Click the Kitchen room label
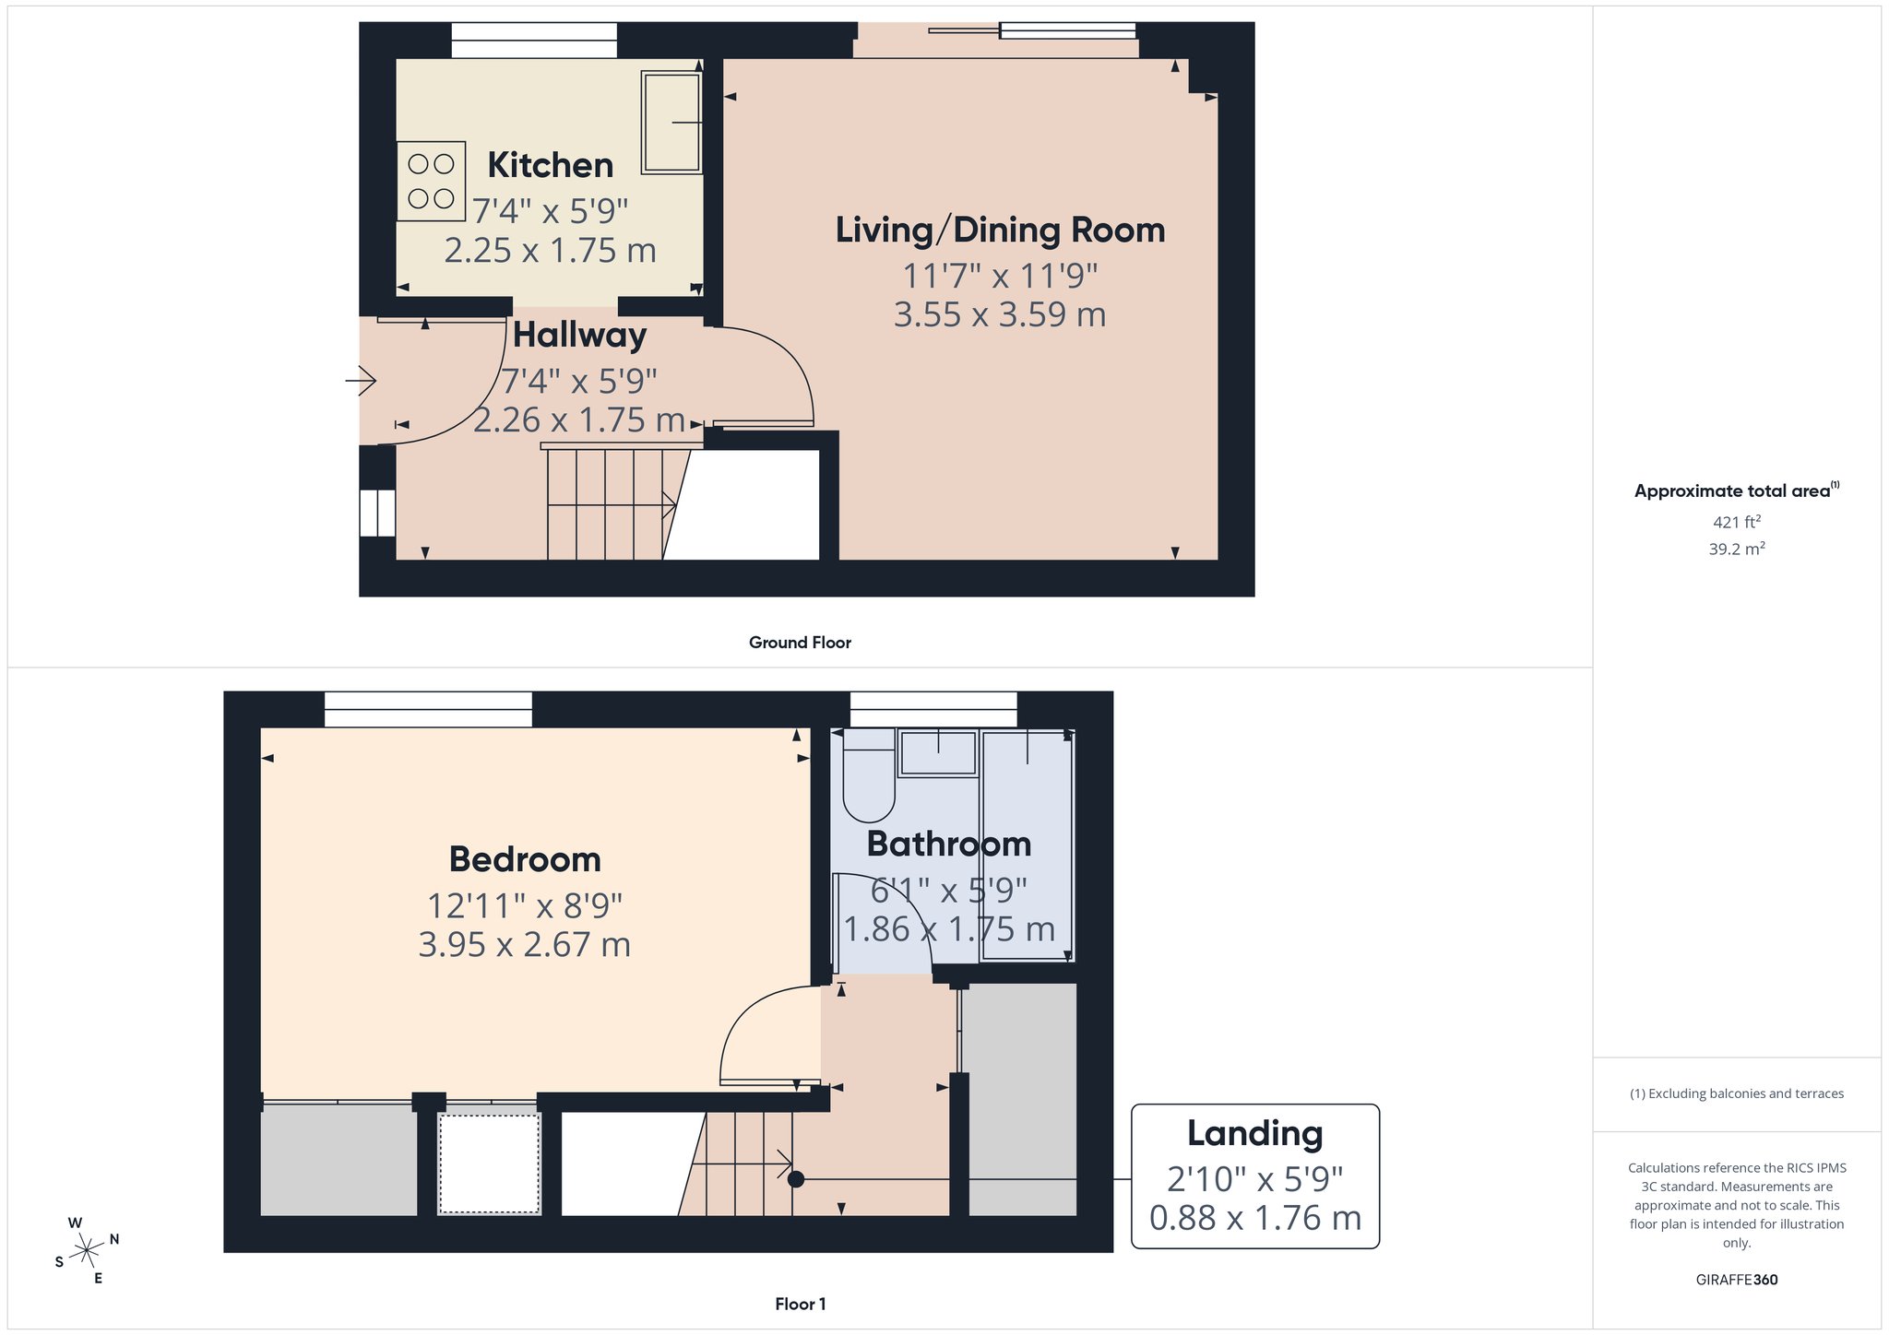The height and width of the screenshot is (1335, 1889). (x=551, y=165)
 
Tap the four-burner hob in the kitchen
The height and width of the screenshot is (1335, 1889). (x=431, y=181)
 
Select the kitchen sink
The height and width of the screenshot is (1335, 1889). (x=671, y=123)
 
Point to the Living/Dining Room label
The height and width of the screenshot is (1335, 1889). (x=1000, y=230)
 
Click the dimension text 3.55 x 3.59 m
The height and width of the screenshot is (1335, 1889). (x=1000, y=314)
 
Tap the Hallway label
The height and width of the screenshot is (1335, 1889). (x=579, y=335)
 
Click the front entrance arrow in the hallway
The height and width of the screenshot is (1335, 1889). (x=361, y=380)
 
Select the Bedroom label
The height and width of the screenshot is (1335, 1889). (x=525, y=859)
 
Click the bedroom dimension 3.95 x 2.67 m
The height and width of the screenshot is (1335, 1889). (x=525, y=945)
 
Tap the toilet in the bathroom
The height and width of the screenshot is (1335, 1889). (x=869, y=775)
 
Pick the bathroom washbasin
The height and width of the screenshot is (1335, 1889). (x=938, y=753)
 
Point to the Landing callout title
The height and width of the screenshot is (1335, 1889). (x=1254, y=1133)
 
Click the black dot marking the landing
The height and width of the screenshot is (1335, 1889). (x=796, y=1179)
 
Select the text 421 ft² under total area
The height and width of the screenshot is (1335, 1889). (x=1737, y=522)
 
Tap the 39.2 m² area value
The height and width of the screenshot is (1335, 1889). (x=1737, y=549)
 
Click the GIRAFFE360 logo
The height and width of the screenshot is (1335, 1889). (x=1737, y=1280)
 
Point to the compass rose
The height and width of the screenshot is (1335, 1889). (x=88, y=1250)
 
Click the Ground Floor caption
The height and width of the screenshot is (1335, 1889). (x=800, y=643)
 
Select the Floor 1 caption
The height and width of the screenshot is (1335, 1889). (x=801, y=1304)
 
